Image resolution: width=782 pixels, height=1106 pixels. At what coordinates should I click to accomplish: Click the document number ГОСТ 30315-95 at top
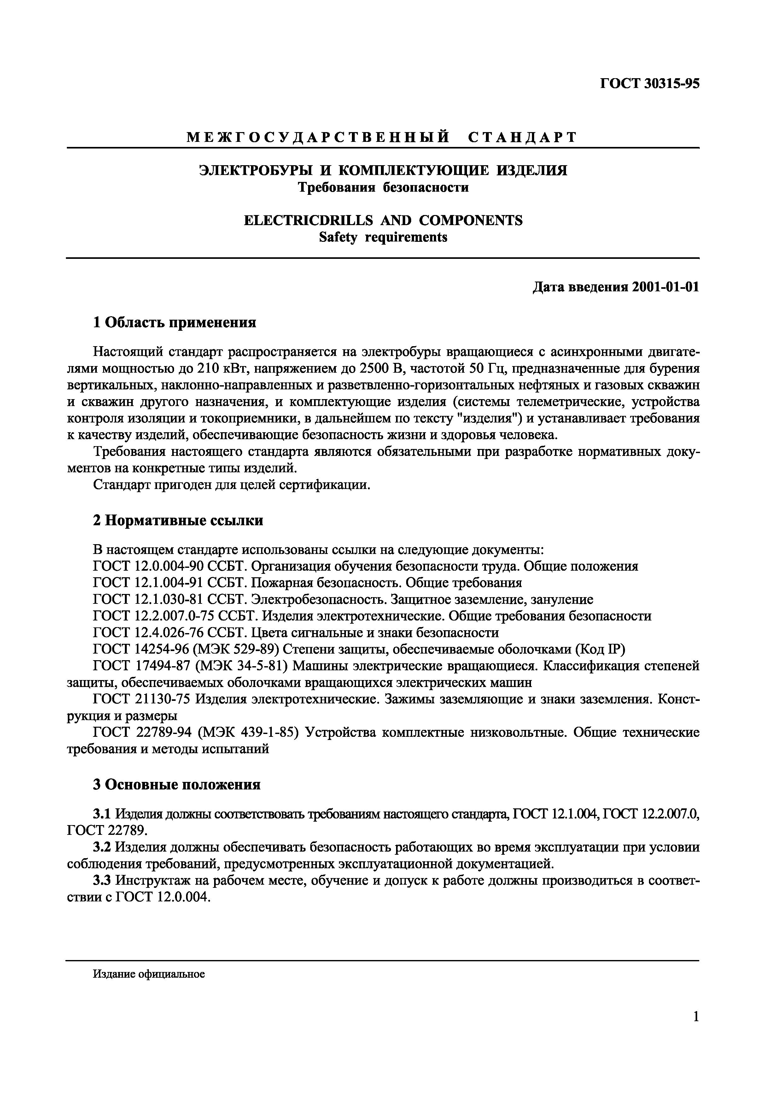(649, 83)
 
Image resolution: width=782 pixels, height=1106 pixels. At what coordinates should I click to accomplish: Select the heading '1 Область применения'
(174, 322)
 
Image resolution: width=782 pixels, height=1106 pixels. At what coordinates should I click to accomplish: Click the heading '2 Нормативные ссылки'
(178, 521)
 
